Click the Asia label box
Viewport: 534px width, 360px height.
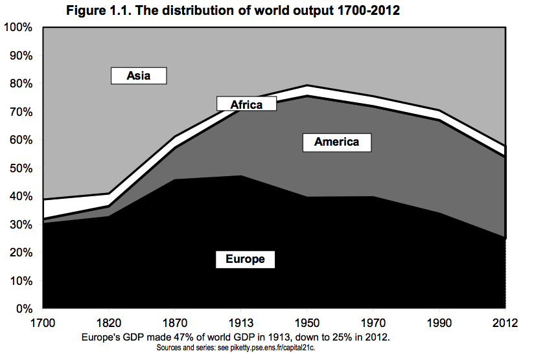[139, 76]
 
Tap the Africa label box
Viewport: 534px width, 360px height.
[247, 104]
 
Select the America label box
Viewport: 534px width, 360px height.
[336, 142]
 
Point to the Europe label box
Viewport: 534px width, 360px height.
[245, 259]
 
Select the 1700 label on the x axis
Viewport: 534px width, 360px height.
[43, 322]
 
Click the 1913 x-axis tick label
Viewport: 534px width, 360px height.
[241, 322]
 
